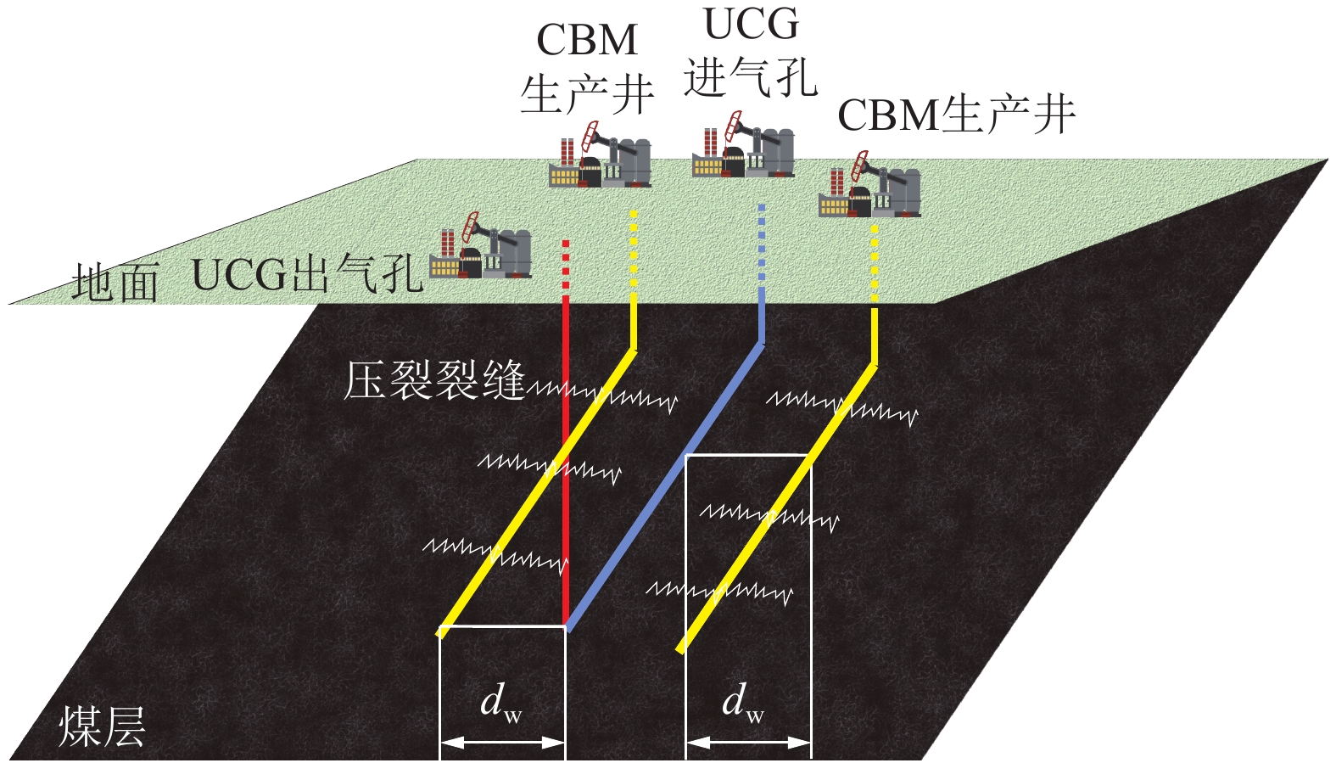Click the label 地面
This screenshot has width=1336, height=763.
pyautogui.click(x=115, y=282)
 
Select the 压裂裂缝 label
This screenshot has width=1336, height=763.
pyautogui.click(x=434, y=380)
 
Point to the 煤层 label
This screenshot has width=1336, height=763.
pyautogui.click(x=102, y=727)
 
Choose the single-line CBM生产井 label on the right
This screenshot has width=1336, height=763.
pyautogui.click(x=956, y=115)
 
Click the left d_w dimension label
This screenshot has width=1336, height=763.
pyautogui.click(x=500, y=703)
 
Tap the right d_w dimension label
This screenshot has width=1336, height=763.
pyautogui.click(x=743, y=703)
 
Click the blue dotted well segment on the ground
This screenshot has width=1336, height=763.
pyautogui.click(x=762, y=242)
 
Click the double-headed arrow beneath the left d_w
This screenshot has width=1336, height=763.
pyautogui.click(x=502, y=743)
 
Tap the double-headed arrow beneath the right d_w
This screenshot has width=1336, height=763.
pyautogui.click(x=748, y=743)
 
